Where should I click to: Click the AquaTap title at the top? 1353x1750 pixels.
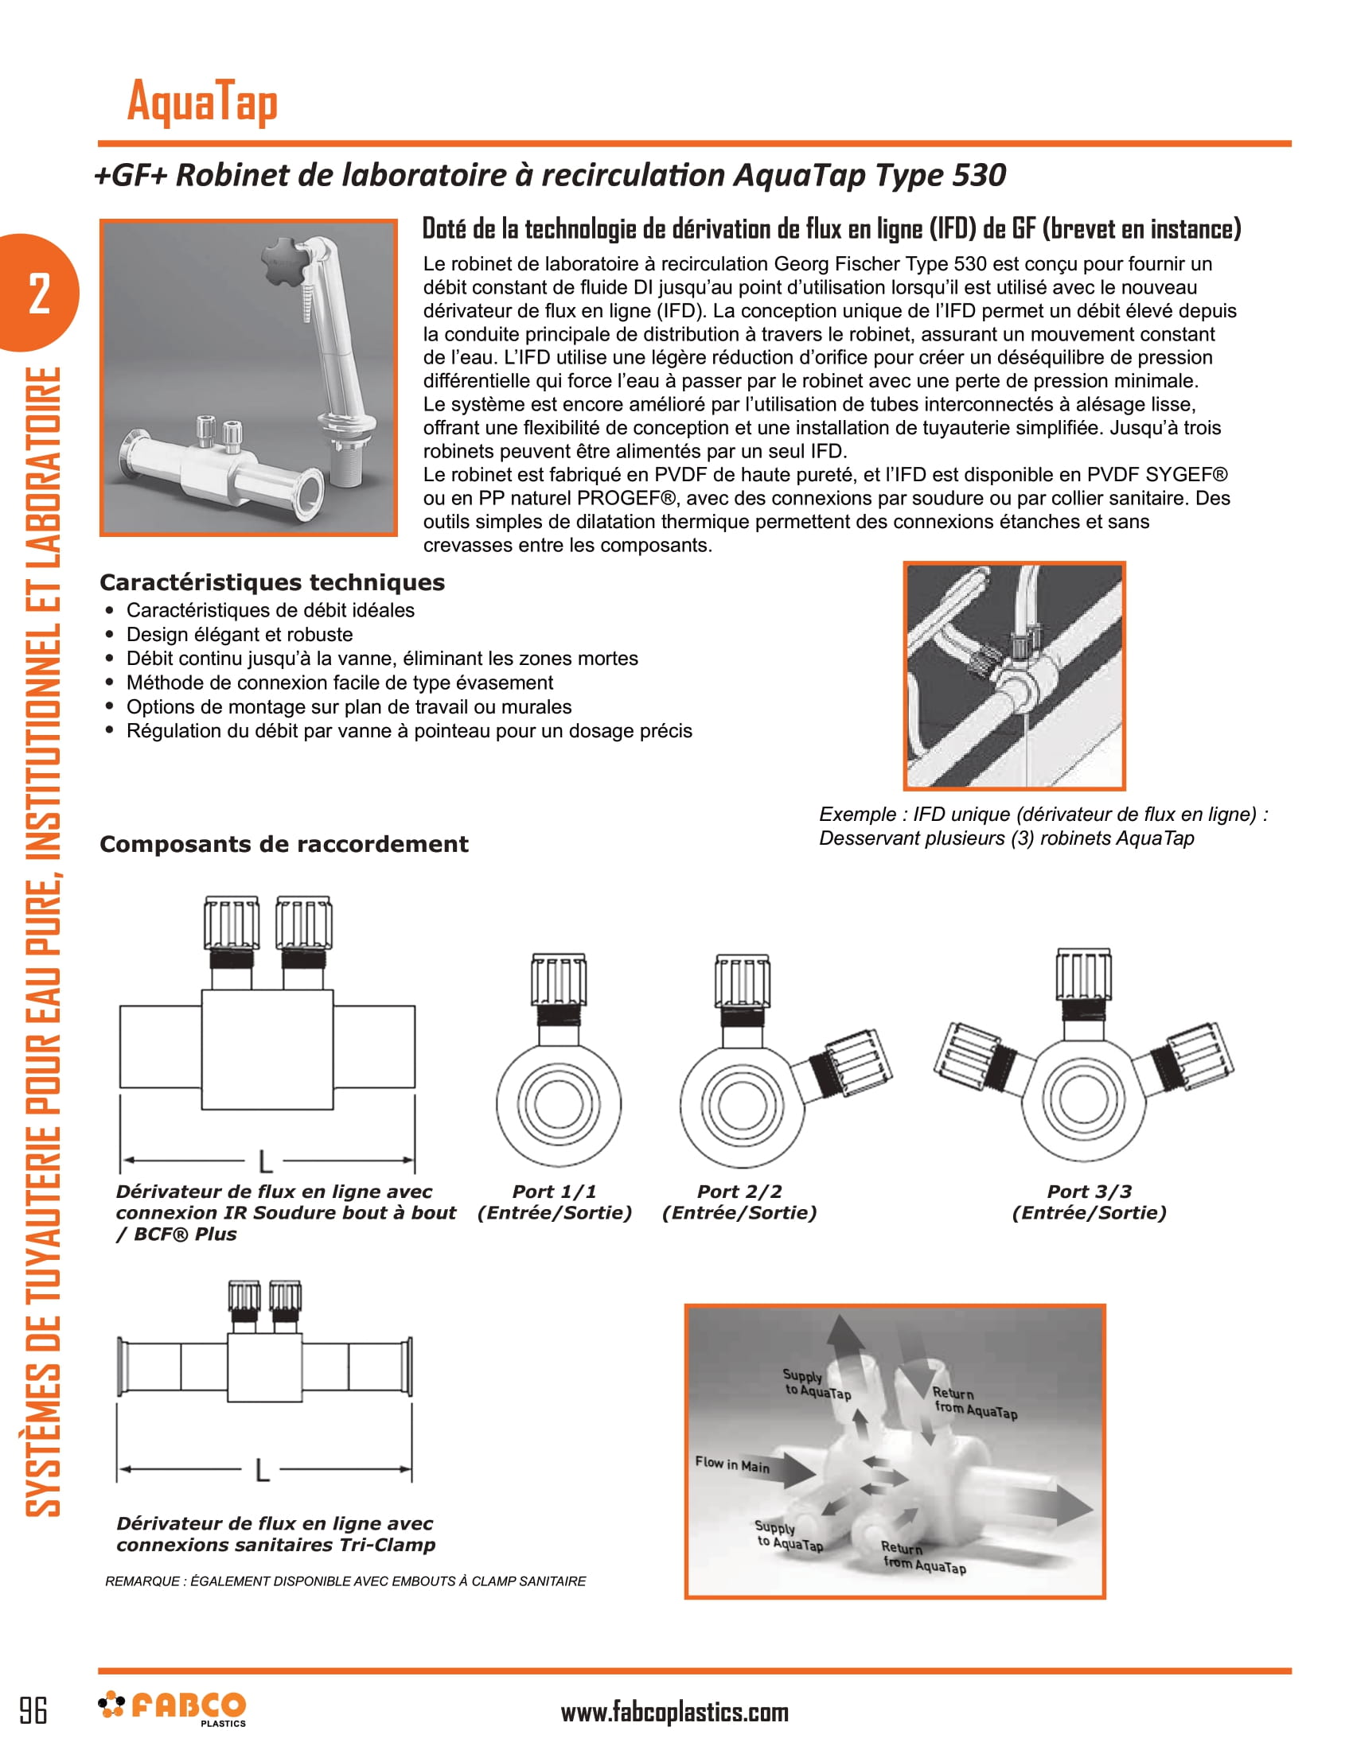pos(202,103)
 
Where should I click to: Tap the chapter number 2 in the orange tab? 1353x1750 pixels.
pos(39,294)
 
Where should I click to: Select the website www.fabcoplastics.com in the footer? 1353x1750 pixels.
pos(674,1712)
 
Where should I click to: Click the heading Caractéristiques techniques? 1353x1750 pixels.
pos(271,582)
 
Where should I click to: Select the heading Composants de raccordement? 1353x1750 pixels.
pos(284,844)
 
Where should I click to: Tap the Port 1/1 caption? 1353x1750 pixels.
pos(555,1202)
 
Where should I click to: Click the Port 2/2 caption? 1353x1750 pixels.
pos(739,1202)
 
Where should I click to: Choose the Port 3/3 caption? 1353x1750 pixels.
pos(1089,1202)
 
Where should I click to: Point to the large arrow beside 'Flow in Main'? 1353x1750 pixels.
pos(793,1471)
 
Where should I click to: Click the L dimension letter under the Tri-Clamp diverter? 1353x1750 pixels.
pos(262,1470)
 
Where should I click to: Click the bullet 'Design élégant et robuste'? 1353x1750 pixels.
pos(239,635)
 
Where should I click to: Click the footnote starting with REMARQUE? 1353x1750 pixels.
pos(345,1581)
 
